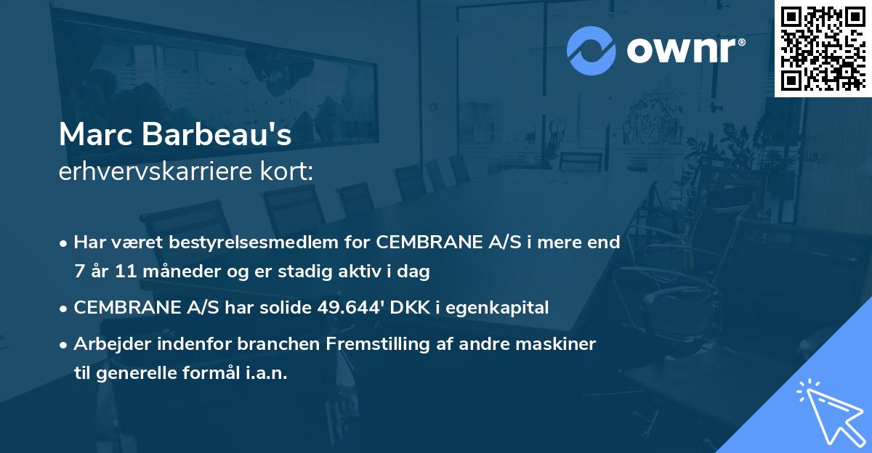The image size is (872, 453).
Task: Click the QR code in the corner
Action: pos(823,48)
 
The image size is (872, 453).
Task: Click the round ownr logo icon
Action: pos(591,50)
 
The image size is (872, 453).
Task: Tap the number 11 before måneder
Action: pos(121,272)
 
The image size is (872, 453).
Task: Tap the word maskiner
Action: pos(560,344)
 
